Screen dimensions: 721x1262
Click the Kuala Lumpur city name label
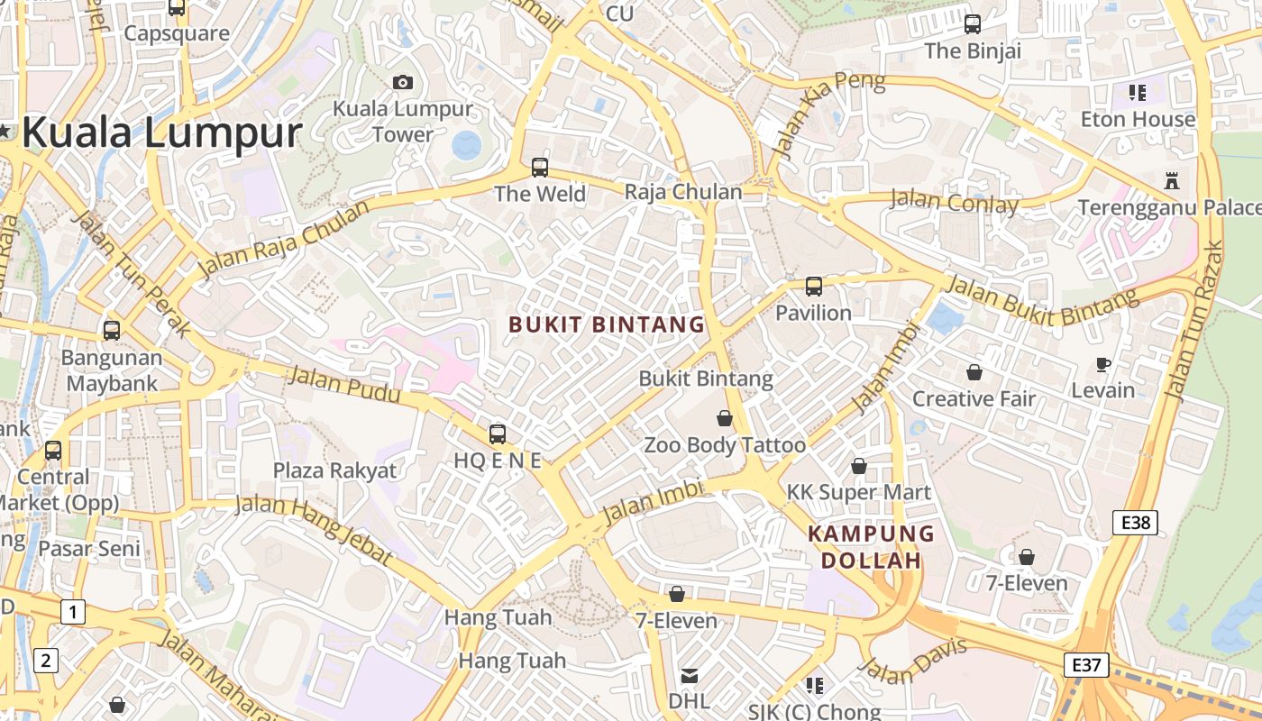(160, 133)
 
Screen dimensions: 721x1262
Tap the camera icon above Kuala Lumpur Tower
(403, 82)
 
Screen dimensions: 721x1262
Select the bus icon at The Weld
(539, 167)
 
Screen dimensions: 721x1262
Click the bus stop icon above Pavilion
(813, 287)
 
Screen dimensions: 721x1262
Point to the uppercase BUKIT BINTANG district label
(607, 324)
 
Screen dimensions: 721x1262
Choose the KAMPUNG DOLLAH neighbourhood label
(871, 547)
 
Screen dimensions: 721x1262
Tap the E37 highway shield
(1085, 665)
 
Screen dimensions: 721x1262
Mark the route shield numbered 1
(73, 613)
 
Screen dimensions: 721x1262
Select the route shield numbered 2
(46, 661)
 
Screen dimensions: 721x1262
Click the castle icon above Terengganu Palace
(1171, 180)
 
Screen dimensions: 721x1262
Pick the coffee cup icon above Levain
(1102, 364)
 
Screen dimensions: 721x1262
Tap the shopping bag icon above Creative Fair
(974, 371)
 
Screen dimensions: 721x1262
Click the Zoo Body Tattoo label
(725, 445)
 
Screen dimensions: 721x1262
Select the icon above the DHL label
(689, 675)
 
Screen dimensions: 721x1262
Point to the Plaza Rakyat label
(334, 470)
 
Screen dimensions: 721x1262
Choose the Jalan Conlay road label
(954, 202)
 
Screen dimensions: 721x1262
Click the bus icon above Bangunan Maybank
(111, 330)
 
